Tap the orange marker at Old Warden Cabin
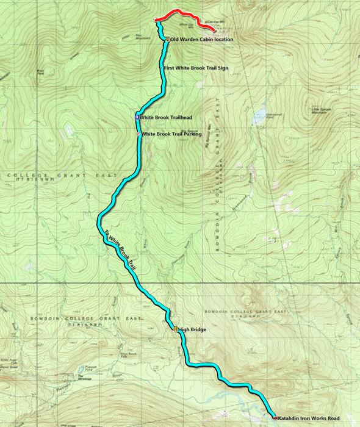[x=168, y=39]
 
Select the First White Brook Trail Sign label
[x=195, y=68]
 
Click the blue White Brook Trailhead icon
[x=138, y=117]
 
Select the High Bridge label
[x=193, y=329]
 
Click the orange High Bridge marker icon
[x=176, y=329]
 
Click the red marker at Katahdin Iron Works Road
[x=275, y=418]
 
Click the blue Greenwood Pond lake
[x=261, y=114]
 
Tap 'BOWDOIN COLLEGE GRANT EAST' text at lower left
[x=63, y=319]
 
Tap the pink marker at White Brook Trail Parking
[x=138, y=134]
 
